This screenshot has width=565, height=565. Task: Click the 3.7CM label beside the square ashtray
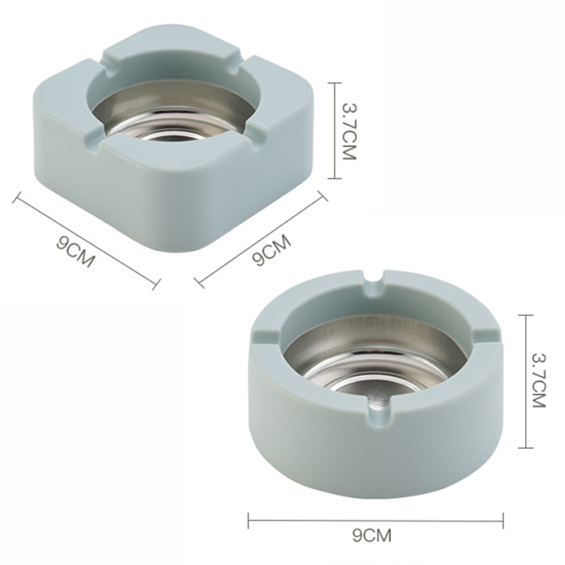[x=349, y=131]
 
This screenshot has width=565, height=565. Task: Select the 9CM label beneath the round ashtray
[x=372, y=534]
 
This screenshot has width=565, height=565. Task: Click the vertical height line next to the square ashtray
[x=335, y=131]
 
